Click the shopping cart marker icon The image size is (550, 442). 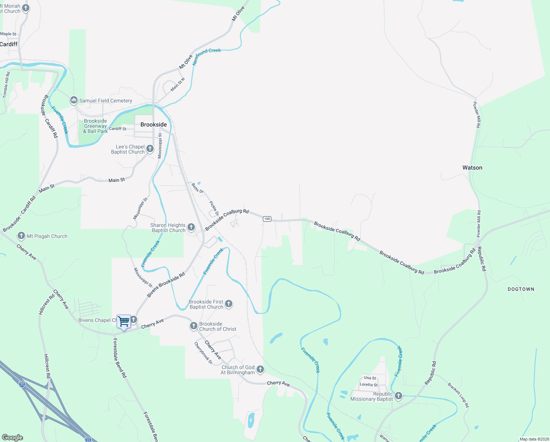click(x=124, y=322)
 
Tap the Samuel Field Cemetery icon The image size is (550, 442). click(x=74, y=100)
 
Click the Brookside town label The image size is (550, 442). click(x=154, y=124)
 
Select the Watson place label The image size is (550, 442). click(x=472, y=168)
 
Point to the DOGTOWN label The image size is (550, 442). click(x=521, y=289)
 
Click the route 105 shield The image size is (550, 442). click(x=267, y=219)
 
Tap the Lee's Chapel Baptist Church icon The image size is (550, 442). click(x=150, y=149)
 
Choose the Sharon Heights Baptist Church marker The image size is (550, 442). click(x=191, y=227)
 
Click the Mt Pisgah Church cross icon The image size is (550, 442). click(x=21, y=236)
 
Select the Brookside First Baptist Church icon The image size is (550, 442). click(x=229, y=304)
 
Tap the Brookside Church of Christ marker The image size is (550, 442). click(x=194, y=326)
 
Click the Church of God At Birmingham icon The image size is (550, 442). click(x=260, y=369)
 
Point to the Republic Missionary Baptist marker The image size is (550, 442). click(x=399, y=396)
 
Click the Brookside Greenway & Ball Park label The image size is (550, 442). click(x=95, y=126)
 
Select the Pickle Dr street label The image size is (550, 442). click(x=214, y=208)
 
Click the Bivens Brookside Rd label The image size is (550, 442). click(x=166, y=285)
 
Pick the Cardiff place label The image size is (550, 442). click(x=9, y=44)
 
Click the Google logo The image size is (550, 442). click(x=12, y=438)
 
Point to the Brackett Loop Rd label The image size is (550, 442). click(x=458, y=395)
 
